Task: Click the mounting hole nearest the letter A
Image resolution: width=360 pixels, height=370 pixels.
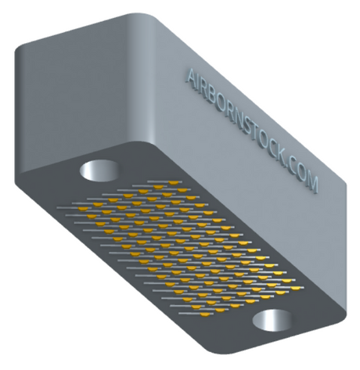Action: pos(99,171)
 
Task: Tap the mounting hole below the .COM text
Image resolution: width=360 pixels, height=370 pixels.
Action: pos(272,321)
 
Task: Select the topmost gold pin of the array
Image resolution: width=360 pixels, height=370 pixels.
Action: pos(173,182)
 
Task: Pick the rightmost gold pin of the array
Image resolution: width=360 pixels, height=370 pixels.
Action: pos(296,288)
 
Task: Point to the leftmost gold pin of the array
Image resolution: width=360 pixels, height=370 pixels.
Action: pos(84,209)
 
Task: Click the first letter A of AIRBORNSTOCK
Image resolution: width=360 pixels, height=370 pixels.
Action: pos(193,77)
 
